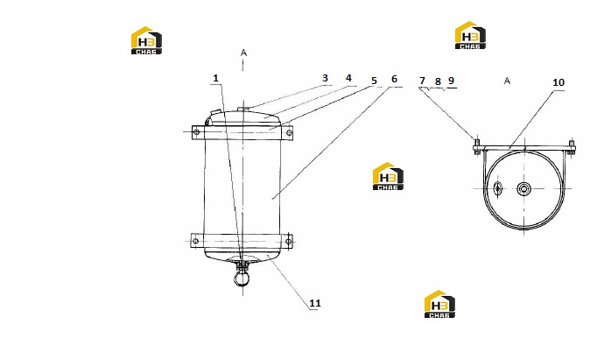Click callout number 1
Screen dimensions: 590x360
click(215, 78)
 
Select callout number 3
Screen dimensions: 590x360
click(325, 78)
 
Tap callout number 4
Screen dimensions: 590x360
click(348, 78)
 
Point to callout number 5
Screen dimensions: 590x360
click(374, 81)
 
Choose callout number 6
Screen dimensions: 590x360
click(394, 79)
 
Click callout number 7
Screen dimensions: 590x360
click(422, 81)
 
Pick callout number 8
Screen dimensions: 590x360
click(438, 81)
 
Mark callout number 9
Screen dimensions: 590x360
click(451, 81)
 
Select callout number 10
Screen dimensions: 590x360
click(558, 82)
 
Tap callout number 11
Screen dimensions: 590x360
click(315, 303)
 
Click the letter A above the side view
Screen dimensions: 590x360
click(244, 53)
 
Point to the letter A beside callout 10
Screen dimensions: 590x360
click(507, 81)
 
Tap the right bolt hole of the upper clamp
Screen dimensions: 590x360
click(289, 132)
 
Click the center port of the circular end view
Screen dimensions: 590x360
click(523, 188)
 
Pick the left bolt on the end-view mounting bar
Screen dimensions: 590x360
click(477, 147)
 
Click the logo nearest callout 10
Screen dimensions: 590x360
click(470, 35)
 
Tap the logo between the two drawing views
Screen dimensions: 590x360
click(388, 176)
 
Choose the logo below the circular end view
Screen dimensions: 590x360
click(439, 304)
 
